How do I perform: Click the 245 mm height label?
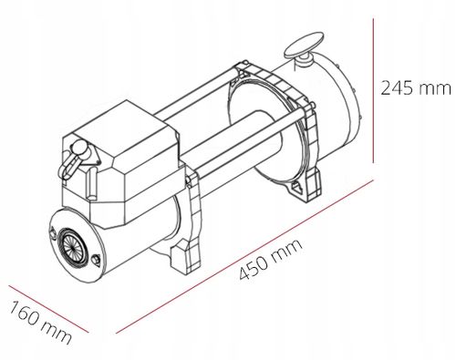pos(415,89)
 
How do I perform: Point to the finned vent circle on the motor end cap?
pos(69,249)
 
